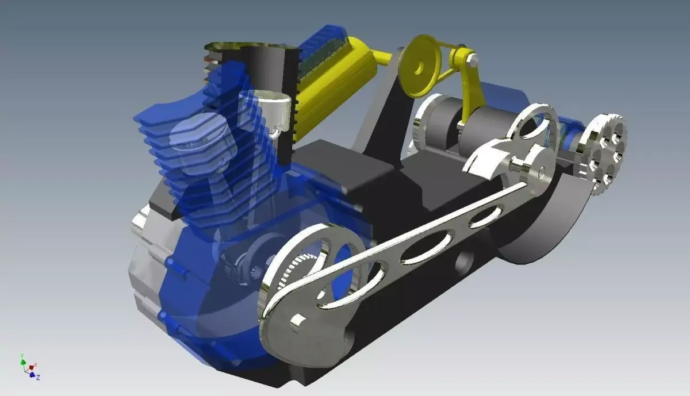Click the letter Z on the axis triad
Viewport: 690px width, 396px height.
click(x=38, y=378)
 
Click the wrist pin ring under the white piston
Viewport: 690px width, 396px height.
click(x=274, y=132)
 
